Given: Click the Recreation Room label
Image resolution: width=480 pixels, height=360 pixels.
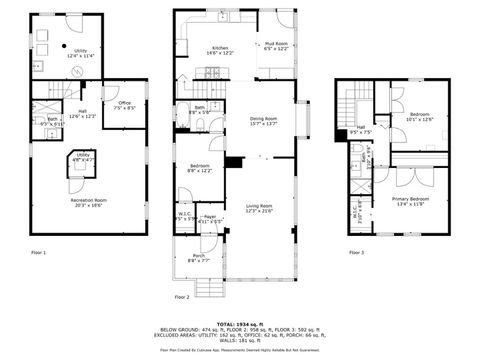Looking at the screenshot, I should click(87, 200).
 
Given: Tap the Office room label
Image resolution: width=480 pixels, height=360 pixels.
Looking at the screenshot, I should click(125, 103).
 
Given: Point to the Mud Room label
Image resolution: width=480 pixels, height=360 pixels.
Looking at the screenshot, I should click(275, 44).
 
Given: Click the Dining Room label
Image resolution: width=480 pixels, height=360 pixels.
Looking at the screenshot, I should click(263, 119).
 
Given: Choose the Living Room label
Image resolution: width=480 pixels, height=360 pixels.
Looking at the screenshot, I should click(258, 205).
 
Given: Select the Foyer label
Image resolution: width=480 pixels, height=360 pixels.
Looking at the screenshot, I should click(210, 216).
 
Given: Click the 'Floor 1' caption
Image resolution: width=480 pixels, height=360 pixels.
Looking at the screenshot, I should click(38, 252).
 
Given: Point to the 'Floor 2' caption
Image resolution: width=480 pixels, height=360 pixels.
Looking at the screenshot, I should click(182, 296).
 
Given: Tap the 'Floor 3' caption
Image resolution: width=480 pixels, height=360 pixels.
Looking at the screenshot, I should click(357, 252).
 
